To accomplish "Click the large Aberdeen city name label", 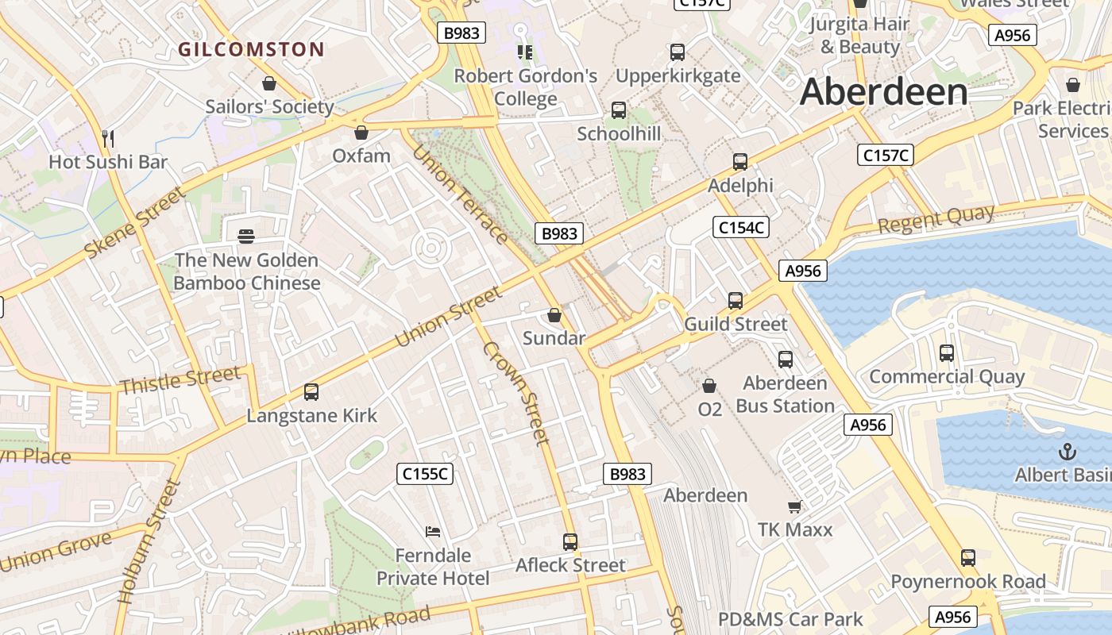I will click(883, 92).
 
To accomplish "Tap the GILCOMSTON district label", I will click(251, 49).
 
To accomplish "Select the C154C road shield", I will click(740, 228).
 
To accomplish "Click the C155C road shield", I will click(425, 474).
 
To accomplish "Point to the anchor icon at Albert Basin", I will click(1068, 452).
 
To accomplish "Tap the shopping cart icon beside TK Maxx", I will click(793, 506).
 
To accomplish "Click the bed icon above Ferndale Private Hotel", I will click(433, 531).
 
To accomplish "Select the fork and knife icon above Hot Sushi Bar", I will click(108, 139).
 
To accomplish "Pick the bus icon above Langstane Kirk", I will click(311, 392).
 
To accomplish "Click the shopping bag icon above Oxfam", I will click(361, 133).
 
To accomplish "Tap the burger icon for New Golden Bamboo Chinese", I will click(246, 236).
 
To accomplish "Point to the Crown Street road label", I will click(516, 393).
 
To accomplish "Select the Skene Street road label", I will click(135, 222).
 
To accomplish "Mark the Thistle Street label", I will click(180, 380).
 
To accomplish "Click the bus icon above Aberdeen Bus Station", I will click(786, 360).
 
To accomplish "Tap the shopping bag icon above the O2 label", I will click(709, 386).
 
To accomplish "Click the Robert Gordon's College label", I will click(525, 87).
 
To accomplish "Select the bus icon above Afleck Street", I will click(570, 542).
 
